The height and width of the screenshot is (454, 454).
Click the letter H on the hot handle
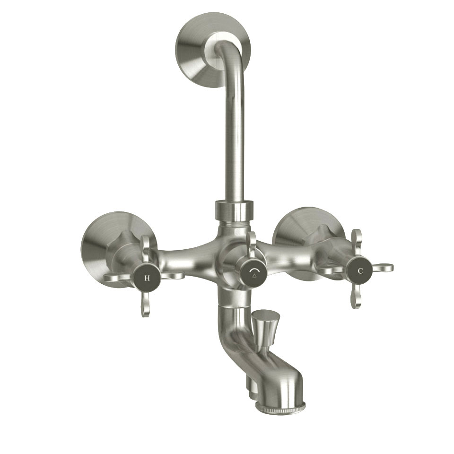[147, 278]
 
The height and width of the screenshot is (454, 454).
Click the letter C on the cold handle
[360, 271]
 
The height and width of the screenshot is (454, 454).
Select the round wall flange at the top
[199, 47]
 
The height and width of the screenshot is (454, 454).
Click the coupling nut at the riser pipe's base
[234, 210]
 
